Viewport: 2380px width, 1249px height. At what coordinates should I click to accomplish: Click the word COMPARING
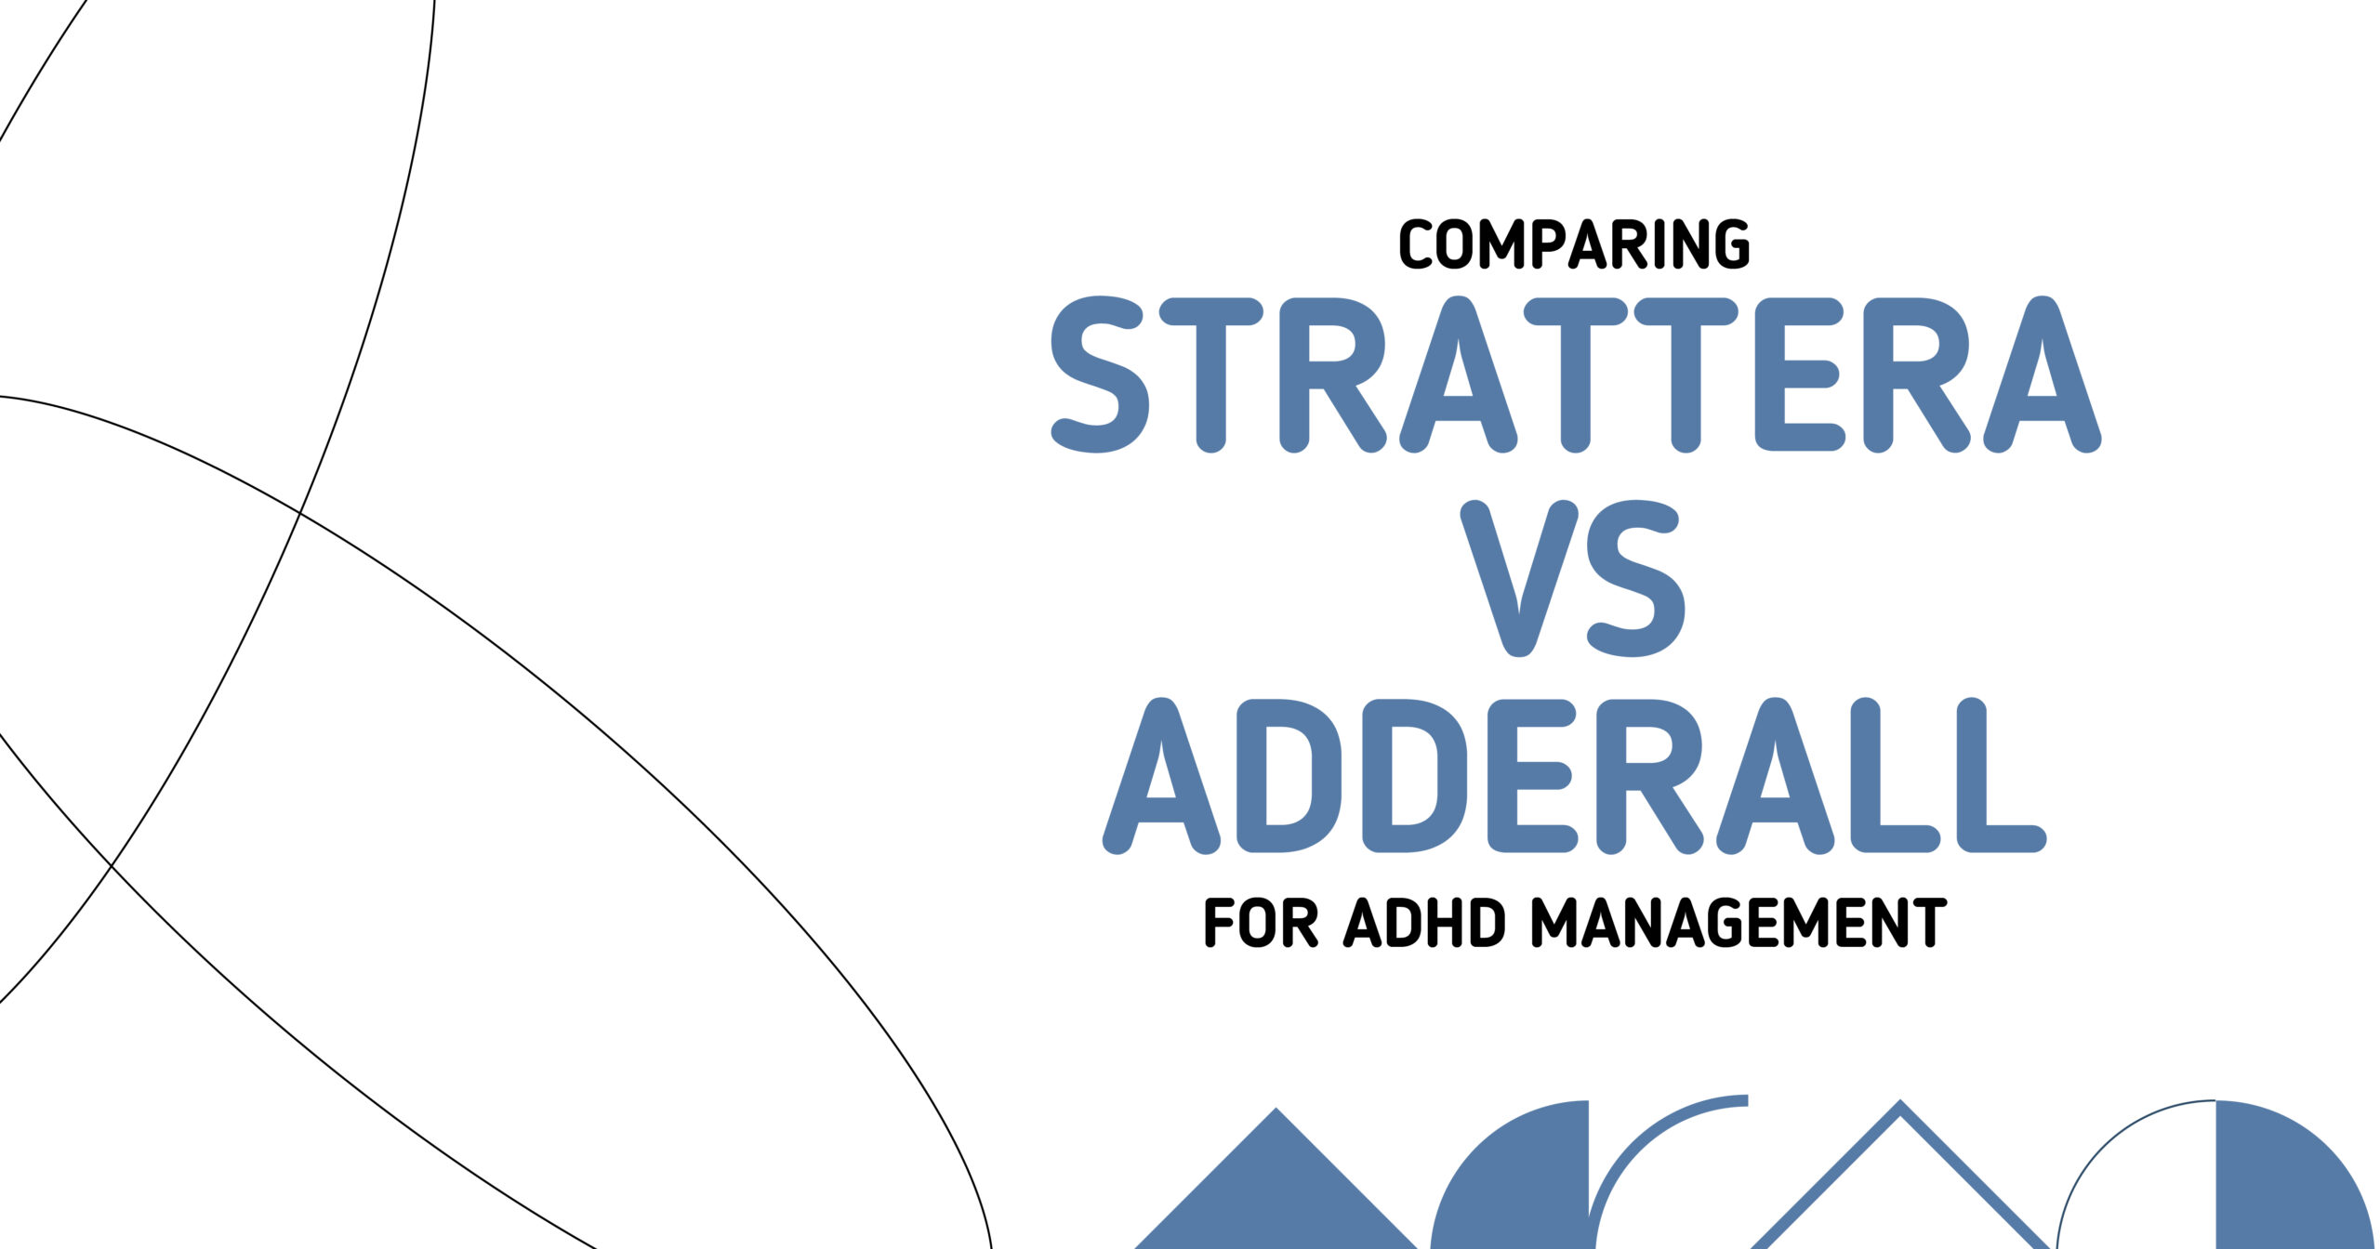(x=1574, y=244)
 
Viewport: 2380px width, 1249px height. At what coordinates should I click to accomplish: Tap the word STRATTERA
(x=1577, y=375)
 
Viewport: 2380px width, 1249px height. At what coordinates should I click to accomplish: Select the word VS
(x=1572, y=578)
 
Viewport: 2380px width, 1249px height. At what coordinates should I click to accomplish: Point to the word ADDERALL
(x=1574, y=776)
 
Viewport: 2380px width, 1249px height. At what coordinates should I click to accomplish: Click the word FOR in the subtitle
(x=1261, y=923)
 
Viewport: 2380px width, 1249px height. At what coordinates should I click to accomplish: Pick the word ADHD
(x=1424, y=923)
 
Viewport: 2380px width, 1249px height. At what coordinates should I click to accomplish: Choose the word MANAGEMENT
(x=1739, y=923)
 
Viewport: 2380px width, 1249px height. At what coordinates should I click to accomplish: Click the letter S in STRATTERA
(x=1099, y=375)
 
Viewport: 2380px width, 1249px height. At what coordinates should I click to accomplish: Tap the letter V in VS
(x=1519, y=578)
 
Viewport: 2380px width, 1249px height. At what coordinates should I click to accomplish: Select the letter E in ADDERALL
(x=1532, y=776)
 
